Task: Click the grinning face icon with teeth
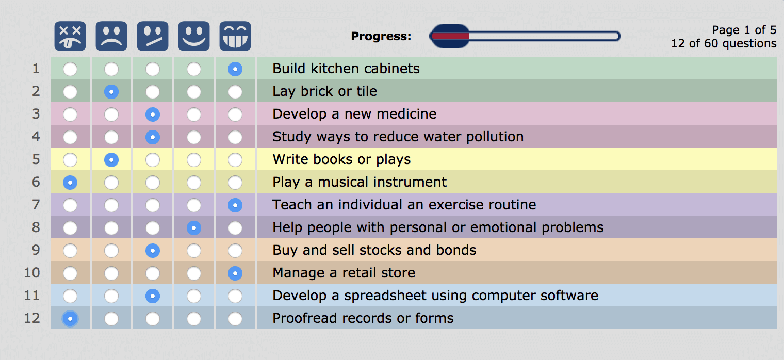pyautogui.click(x=235, y=36)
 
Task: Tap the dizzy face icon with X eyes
pyautogui.click(x=70, y=36)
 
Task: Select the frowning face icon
pyautogui.click(x=111, y=36)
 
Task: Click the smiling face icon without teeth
pyautogui.click(x=194, y=36)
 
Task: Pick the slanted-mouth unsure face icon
pyautogui.click(x=153, y=36)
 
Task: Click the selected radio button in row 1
pyautogui.click(x=235, y=69)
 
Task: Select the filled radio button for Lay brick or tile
pyautogui.click(x=111, y=92)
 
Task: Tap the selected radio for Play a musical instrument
pyautogui.click(x=70, y=182)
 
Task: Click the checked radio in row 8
pyautogui.click(x=194, y=228)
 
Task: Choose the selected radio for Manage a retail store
pyautogui.click(x=235, y=273)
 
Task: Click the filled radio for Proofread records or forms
pyautogui.click(x=70, y=319)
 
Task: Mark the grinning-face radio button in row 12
pyautogui.click(x=235, y=319)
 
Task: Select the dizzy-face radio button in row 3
pyautogui.click(x=70, y=114)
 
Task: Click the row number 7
pyautogui.click(x=36, y=205)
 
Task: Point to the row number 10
pyautogui.click(x=32, y=272)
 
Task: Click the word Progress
pyautogui.click(x=381, y=36)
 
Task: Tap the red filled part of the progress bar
pyautogui.click(x=451, y=36)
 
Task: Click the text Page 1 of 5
pyautogui.click(x=744, y=30)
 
